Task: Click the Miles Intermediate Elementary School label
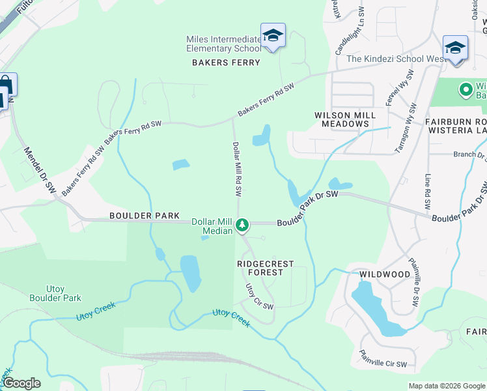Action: coord(223,44)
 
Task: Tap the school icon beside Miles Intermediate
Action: coord(273,36)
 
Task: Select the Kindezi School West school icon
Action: coord(455,48)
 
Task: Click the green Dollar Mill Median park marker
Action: coord(242,225)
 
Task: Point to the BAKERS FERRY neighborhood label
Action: coord(226,63)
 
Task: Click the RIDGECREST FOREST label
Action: coord(265,268)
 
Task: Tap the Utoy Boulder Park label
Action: coord(55,293)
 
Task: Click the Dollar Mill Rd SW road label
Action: coord(238,169)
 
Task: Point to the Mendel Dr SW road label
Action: coord(40,169)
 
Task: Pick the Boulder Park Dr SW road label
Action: coord(308,209)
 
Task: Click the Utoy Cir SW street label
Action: coord(259,297)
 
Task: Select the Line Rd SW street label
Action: coord(428,192)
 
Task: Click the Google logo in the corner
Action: coord(21,383)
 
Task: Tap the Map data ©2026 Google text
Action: coord(447,386)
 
